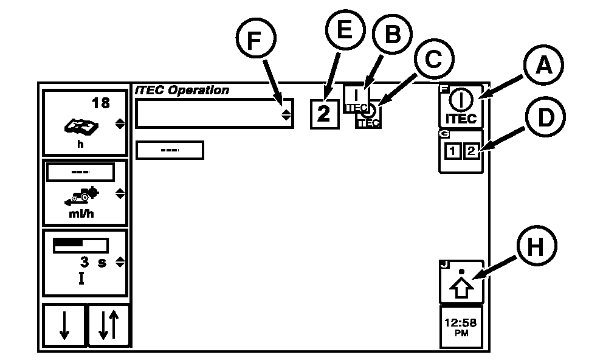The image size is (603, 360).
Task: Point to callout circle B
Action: click(393, 35)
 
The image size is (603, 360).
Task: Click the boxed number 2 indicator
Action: click(325, 114)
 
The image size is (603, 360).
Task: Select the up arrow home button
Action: click(461, 283)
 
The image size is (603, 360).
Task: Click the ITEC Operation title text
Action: click(182, 90)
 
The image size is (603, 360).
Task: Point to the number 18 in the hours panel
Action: click(100, 103)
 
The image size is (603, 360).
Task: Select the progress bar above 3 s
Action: click(80, 244)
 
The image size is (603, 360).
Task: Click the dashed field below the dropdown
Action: click(170, 150)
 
